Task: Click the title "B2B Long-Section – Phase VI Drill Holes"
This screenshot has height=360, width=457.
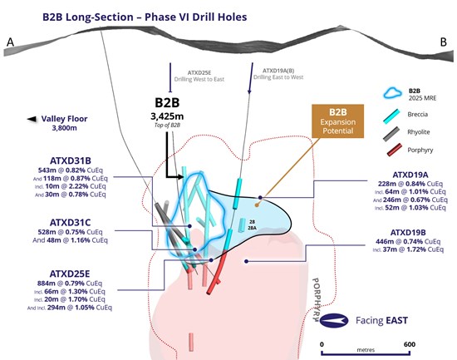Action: [x=145, y=17]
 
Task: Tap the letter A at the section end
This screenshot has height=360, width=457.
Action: [x=10, y=42]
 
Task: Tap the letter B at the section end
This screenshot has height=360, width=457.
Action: [x=444, y=42]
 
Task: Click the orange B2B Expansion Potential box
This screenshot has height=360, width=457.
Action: [x=338, y=121]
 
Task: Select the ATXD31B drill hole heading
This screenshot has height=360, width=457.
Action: [x=71, y=160]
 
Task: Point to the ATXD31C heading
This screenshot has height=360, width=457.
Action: [x=71, y=223]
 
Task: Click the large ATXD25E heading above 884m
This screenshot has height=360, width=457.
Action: [x=70, y=274]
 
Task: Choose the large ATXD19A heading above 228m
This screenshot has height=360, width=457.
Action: [x=410, y=175]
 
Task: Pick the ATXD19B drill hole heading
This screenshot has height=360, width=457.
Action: [x=408, y=233]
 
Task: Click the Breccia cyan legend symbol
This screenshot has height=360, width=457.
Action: [x=391, y=116]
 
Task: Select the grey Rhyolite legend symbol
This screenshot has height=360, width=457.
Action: [x=391, y=134]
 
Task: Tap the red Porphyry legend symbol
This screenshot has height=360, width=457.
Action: [x=395, y=150]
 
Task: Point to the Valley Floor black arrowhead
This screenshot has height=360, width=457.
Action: [x=32, y=119]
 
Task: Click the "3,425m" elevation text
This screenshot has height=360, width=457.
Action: [x=167, y=116]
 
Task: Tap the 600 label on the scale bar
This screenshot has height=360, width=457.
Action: [x=410, y=344]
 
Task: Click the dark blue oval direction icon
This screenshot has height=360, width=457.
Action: [x=334, y=321]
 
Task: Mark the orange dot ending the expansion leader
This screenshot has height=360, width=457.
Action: [x=257, y=205]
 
